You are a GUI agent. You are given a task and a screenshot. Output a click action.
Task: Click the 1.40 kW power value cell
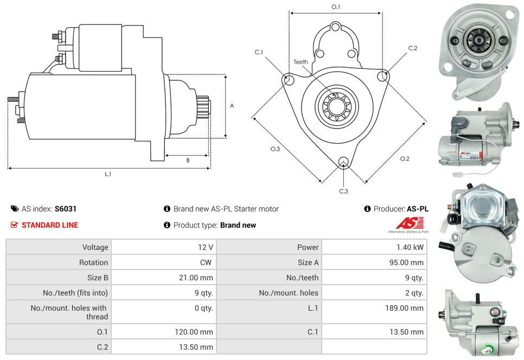[x=410, y=247]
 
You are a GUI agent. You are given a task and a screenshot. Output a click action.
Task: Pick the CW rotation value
[x=206, y=262]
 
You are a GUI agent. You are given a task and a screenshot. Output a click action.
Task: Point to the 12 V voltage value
[x=206, y=247]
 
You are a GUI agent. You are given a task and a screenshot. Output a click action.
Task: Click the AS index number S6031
[x=69, y=209]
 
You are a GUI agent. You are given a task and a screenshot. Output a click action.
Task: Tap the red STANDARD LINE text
[x=50, y=225]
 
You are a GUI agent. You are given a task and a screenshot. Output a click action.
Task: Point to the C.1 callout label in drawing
[x=259, y=53]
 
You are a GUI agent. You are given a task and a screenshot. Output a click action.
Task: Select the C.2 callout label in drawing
[x=413, y=48]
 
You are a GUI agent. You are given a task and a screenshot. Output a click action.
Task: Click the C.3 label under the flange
[x=343, y=191]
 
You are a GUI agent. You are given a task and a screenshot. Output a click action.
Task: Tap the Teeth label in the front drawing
[x=301, y=62]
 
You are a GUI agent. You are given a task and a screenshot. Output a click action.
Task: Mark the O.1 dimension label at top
[x=336, y=7]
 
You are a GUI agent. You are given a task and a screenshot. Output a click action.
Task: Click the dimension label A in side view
[x=232, y=106]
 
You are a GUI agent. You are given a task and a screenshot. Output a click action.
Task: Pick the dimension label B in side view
[x=188, y=160]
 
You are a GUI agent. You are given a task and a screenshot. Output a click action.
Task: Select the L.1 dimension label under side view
[x=108, y=174]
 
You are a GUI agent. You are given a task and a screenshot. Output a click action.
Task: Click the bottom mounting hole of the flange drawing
[x=343, y=162]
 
